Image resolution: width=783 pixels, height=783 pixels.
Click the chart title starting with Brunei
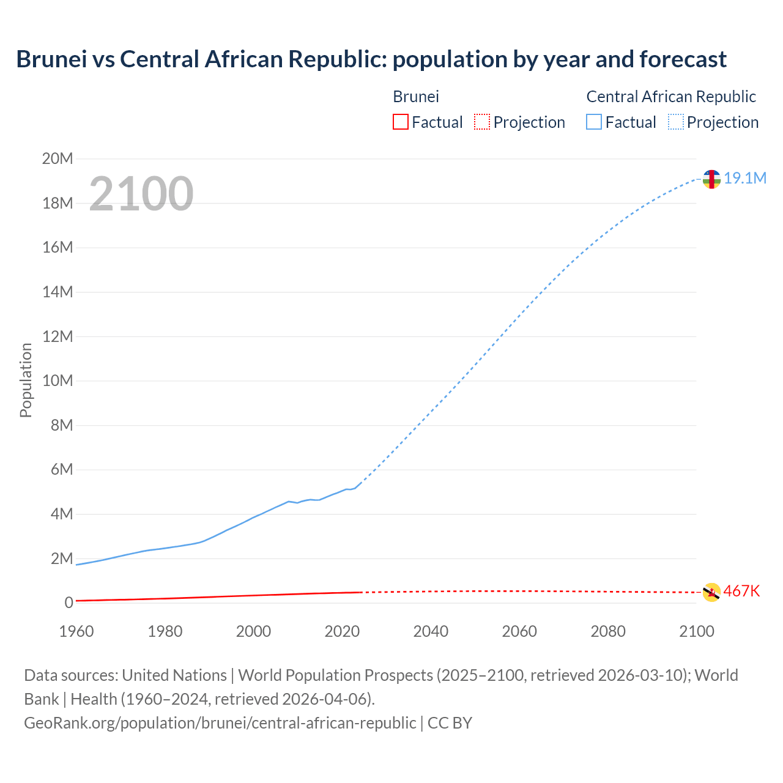(x=371, y=59)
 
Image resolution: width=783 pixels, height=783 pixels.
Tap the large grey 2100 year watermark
(x=141, y=194)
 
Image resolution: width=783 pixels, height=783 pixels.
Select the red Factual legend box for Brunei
(x=400, y=122)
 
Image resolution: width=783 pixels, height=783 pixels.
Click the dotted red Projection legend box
(x=482, y=122)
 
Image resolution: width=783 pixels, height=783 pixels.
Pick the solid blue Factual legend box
(x=593, y=122)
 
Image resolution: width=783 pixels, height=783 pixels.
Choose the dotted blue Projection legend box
(x=676, y=122)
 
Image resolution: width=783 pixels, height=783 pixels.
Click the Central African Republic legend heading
(x=671, y=97)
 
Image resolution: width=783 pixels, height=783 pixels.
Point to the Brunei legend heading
(x=416, y=97)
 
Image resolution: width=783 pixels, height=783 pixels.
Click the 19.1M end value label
(x=745, y=178)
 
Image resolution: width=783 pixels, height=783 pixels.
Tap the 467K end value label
(x=741, y=591)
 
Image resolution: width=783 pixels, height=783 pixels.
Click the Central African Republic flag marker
(x=711, y=179)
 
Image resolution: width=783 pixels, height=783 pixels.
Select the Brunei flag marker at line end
(x=711, y=592)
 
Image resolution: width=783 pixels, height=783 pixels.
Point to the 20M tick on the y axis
(x=58, y=159)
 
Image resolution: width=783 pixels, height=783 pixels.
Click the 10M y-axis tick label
(x=58, y=380)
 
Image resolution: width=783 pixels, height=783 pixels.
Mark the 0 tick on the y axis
(x=69, y=603)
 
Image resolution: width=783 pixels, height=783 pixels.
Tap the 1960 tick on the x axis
(x=76, y=631)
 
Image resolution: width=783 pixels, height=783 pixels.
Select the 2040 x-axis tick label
(x=431, y=631)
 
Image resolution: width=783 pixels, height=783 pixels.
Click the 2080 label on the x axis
(x=608, y=631)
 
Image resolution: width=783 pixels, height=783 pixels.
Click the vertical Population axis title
(x=26, y=380)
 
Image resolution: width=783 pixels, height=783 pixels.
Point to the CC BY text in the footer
(x=450, y=722)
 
